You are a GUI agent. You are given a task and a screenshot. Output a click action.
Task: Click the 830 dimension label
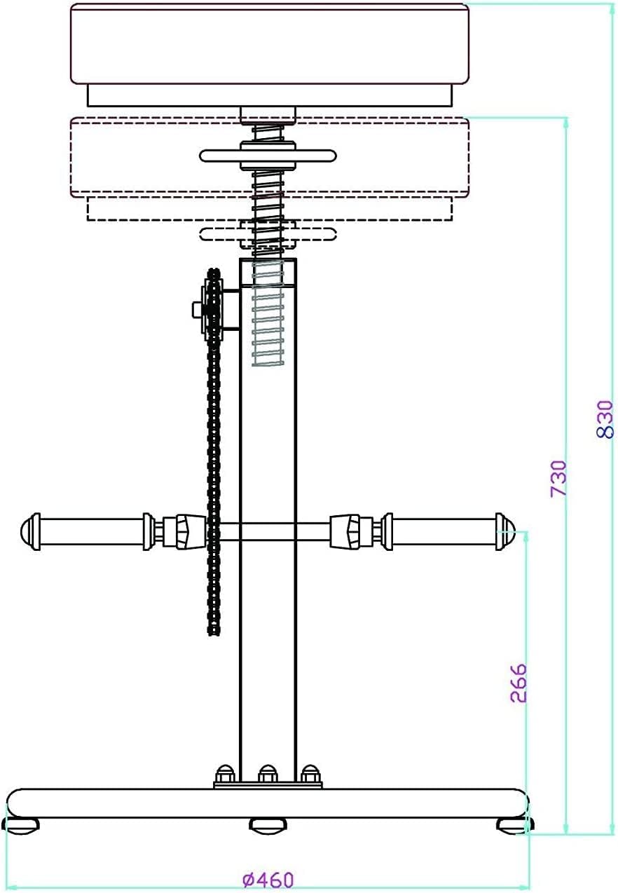[x=605, y=420]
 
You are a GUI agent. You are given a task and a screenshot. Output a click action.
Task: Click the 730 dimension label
[x=558, y=478]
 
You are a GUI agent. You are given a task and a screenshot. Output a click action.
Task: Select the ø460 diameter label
[x=268, y=879]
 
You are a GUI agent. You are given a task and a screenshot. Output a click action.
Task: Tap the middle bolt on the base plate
[x=266, y=774]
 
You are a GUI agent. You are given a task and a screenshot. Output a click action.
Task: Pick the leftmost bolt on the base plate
[x=224, y=774]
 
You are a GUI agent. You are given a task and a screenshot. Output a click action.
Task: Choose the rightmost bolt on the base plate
[x=309, y=774]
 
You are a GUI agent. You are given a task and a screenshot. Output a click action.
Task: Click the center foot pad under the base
[x=268, y=826]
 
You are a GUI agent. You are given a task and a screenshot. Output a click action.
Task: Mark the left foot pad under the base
[x=21, y=826]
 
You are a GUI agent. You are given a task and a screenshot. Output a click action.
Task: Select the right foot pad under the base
[x=515, y=826]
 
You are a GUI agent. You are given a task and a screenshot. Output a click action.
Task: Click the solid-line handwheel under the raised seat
[x=268, y=156]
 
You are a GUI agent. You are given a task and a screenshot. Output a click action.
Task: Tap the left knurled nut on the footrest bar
[x=189, y=531]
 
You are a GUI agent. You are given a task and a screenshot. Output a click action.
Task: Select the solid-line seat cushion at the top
[x=269, y=43]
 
